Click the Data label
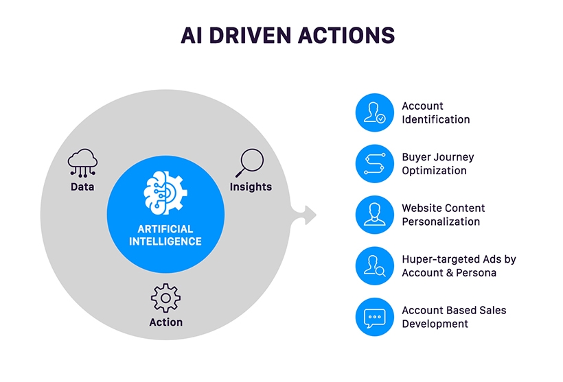click(82, 187)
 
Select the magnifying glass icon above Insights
click(249, 163)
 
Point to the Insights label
click(251, 187)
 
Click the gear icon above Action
click(165, 298)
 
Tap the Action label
click(165, 322)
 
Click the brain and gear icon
click(165, 192)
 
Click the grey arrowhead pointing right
click(308, 215)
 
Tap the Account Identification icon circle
click(375, 112)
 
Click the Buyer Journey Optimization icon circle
click(375, 164)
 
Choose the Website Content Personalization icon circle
click(375, 215)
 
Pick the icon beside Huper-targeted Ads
click(375, 266)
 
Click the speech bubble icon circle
click(375, 317)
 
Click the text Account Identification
click(435, 112)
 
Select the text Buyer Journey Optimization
click(437, 164)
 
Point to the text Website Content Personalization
click(443, 215)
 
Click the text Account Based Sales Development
click(453, 317)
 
